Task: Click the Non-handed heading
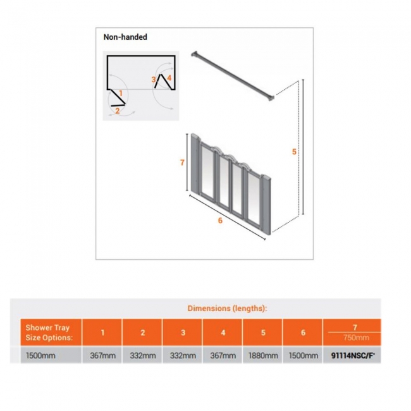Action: (x=125, y=37)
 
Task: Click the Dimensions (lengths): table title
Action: (x=227, y=308)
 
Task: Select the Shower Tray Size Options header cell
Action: (x=48, y=333)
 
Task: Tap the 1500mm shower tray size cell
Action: (x=41, y=355)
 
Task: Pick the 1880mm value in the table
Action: (x=262, y=355)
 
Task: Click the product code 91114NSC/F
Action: (x=353, y=355)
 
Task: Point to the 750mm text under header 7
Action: (x=353, y=338)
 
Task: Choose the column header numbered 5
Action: (x=262, y=333)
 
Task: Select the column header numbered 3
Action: (x=182, y=333)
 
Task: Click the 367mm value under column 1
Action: (x=102, y=355)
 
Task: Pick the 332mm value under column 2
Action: (x=142, y=355)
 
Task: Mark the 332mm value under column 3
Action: (x=182, y=355)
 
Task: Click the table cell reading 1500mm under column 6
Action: (x=303, y=355)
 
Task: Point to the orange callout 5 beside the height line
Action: (x=295, y=152)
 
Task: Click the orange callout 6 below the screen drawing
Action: (x=220, y=221)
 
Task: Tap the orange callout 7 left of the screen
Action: (x=181, y=163)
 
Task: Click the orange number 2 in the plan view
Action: (x=117, y=111)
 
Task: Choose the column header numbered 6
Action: (x=303, y=333)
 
